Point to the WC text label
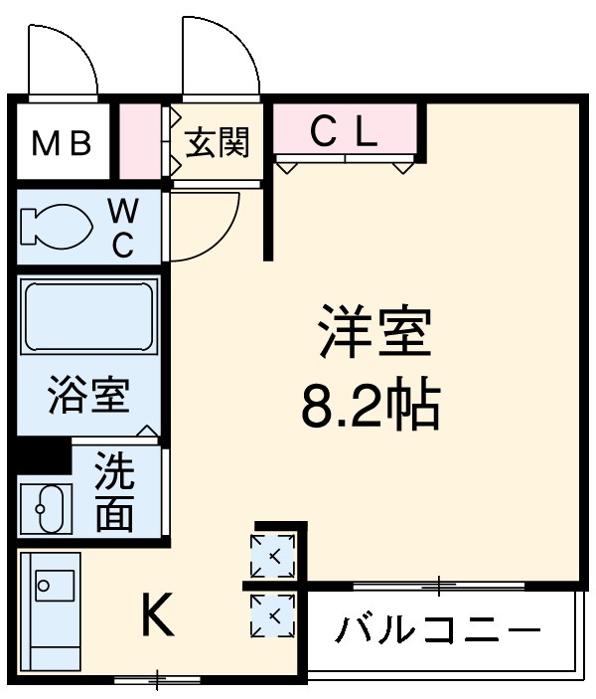point(121,228)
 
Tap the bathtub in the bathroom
point(89,315)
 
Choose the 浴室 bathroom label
point(88,397)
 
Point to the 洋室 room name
point(373,334)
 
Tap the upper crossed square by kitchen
point(272,555)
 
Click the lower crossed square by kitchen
point(272,616)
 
